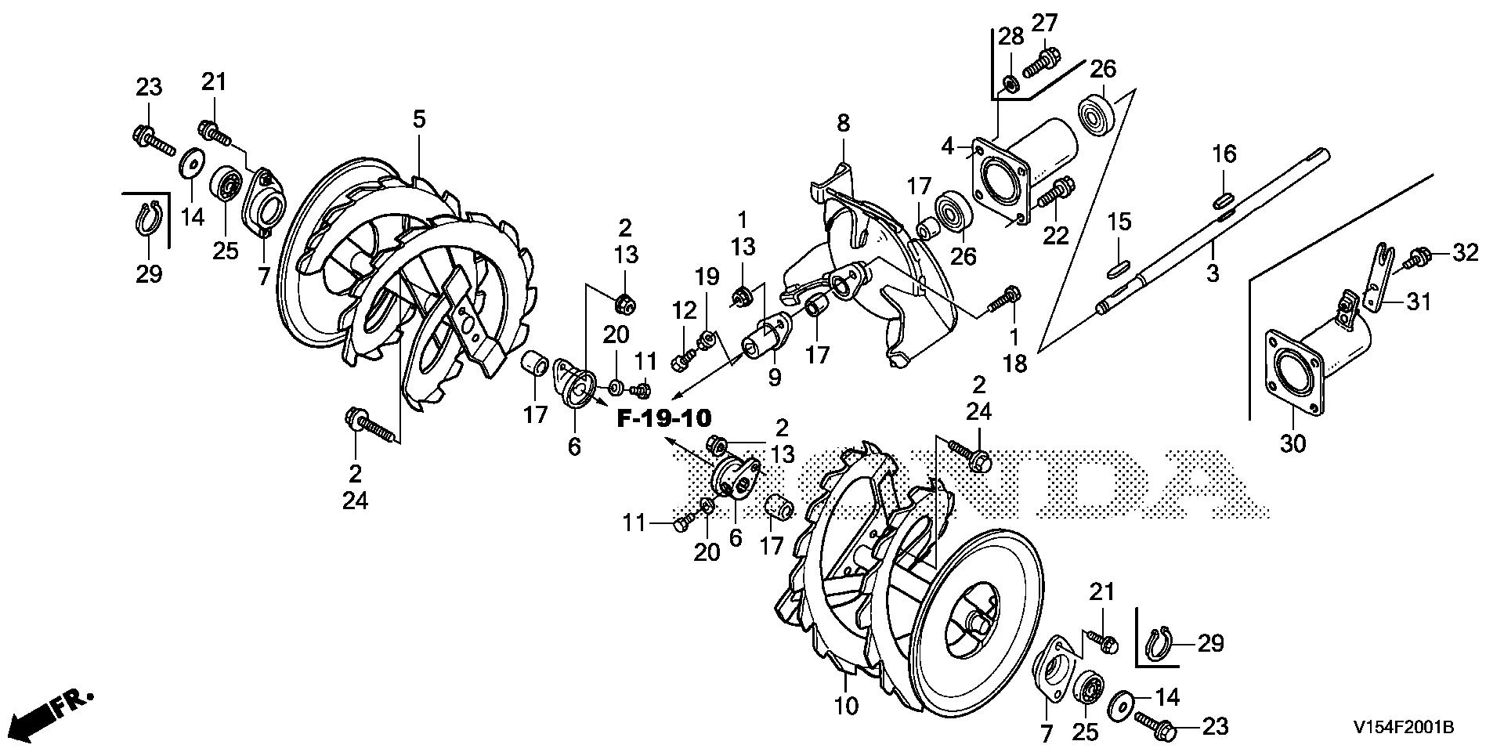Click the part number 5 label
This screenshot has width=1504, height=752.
419,120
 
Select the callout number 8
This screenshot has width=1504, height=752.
843,123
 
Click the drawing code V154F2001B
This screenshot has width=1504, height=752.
1403,728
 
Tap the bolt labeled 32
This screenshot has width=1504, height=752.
1419,256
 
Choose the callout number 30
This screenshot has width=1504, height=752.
1293,443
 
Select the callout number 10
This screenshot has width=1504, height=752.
846,706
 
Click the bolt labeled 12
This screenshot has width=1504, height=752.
681,361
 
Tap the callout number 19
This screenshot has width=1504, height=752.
707,277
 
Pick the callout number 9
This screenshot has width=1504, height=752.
775,378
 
